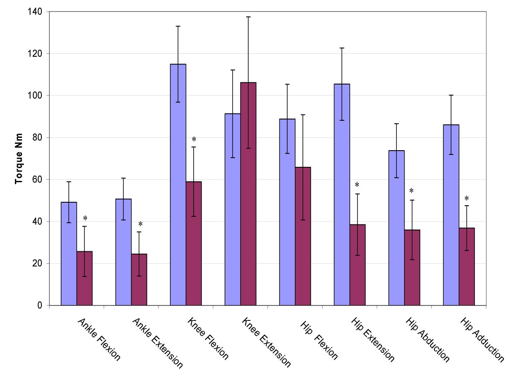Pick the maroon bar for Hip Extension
click(x=358, y=265)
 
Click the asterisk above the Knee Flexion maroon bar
click(x=194, y=140)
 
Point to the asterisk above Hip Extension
click(x=357, y=185)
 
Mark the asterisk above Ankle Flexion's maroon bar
click(x=85, y=219)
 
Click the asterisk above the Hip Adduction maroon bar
click(x=466, y=199)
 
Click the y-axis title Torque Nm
click(x=19, y=158)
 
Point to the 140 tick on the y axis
click(x=36, y=12)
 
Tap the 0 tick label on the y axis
click(x=40, y=305)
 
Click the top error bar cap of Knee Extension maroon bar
click(x=248, y=17)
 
